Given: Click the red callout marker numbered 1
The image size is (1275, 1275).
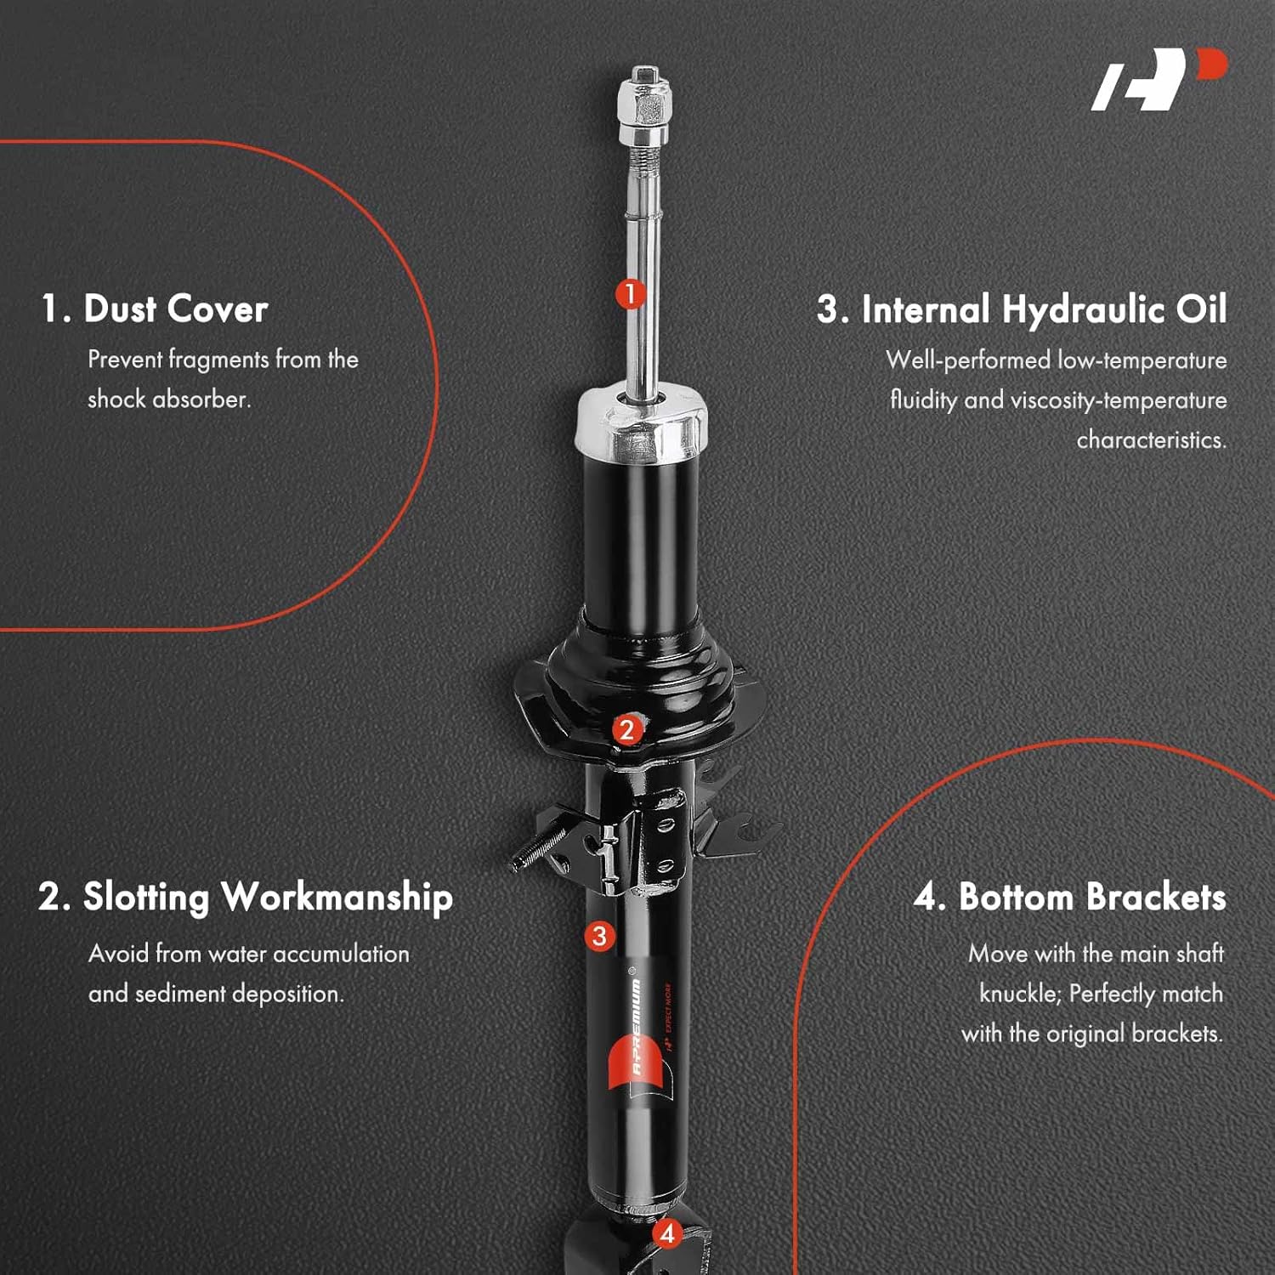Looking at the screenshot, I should click(x=630, y=294).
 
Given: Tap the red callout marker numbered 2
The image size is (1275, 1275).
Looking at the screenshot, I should click(x=626, y=729).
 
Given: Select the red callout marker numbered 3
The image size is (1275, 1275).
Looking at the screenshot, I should click(x=600, y=936).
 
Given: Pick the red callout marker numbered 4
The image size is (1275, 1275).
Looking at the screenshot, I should click(x=667, y=1233).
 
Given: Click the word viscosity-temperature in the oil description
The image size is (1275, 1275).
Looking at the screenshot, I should click(x=1119, y=399).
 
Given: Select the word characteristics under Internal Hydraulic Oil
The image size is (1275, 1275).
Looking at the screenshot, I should click(x=1151, y=439).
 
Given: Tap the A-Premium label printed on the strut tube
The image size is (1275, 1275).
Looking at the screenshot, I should click(x=638, y=1033).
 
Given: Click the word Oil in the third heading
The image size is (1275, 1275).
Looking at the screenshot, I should click(x=1201, y=309).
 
